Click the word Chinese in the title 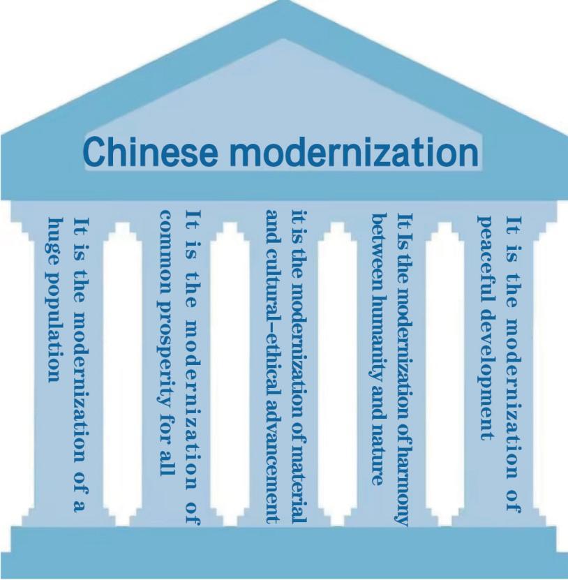pos(151,151)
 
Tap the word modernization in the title pos(354,151)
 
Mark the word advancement pos(273,455)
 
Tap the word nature pos(378,456)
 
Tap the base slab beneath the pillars pos(284,550)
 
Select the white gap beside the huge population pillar pos(122,373)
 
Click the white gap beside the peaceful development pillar pos(445,373)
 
